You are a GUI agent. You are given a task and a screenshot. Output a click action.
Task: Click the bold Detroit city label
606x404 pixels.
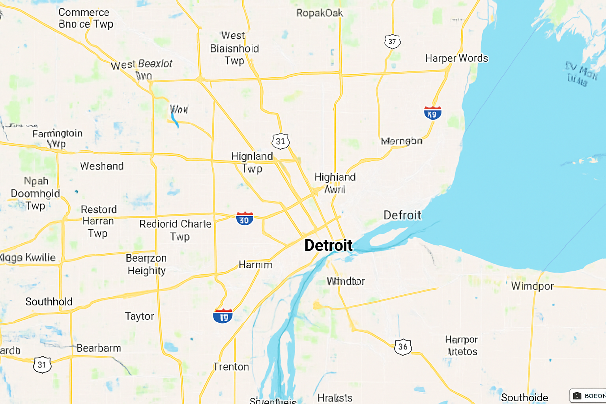coord(328,245)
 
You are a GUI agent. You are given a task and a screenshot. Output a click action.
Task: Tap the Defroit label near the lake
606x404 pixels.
coord(402,215)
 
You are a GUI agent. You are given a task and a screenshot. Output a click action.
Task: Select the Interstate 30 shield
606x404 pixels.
coord(245,219)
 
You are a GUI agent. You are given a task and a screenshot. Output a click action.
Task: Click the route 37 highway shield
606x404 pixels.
coord(392,41)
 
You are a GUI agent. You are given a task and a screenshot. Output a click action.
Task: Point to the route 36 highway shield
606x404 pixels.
coord(403,347)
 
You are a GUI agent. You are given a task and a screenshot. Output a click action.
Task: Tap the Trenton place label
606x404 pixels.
coord(232,367)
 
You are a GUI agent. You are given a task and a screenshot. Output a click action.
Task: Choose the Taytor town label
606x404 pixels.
coord(140,316)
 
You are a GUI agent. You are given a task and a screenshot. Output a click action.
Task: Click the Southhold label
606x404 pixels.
coord(49,302)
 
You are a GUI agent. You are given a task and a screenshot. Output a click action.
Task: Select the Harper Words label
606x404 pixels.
coord(456,58)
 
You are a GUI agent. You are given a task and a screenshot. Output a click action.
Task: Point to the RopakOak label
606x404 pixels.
coord(320,13)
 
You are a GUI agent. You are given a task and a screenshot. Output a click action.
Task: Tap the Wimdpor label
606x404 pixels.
coord(532,286)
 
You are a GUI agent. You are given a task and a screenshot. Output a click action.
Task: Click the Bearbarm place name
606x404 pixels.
coord(99,348)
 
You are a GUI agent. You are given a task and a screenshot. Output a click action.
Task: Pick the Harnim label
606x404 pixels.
coord(255,265)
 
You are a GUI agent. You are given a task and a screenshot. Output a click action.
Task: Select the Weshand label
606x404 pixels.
coord(102,166)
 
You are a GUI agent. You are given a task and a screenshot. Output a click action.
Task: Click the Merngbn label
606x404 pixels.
coord(402,141)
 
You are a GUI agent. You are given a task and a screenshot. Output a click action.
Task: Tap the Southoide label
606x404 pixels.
coord(524,397)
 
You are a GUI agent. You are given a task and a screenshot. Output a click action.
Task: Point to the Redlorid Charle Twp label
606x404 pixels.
coord(176,230)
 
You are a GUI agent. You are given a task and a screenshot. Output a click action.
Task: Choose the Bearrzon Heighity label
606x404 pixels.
coord(146,264)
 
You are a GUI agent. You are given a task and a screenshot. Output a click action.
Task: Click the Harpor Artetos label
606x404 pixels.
coord(462,346)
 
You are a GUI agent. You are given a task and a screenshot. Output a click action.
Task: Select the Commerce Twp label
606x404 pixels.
coord(86,18)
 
